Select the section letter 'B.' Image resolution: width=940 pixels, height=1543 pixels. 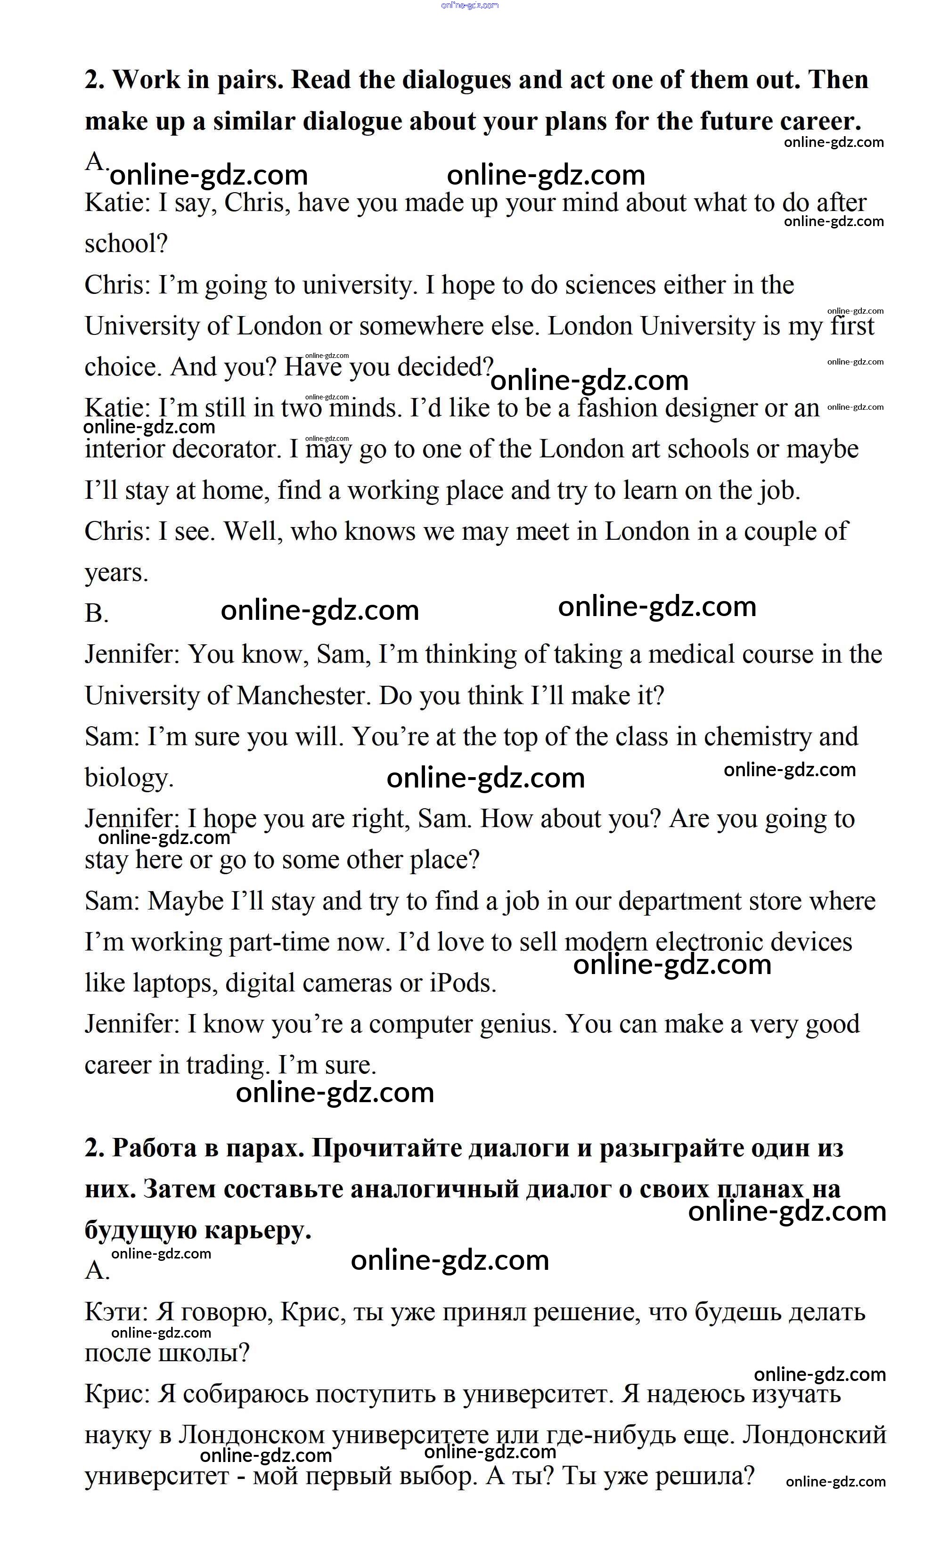point(97,614)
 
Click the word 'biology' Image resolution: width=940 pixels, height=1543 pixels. point(128,779)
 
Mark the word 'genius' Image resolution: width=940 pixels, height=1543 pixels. point(517,1024)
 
